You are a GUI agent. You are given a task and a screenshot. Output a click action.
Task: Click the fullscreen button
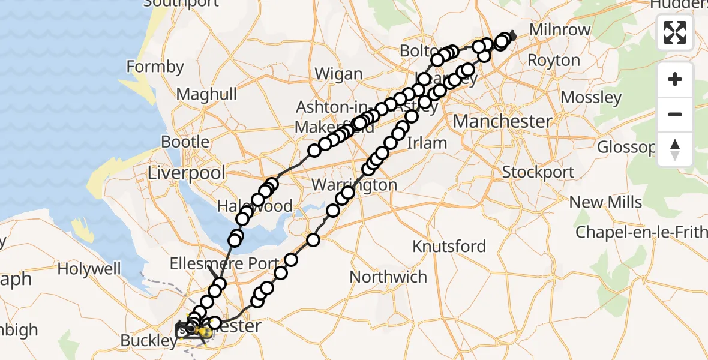click(x=675, y=32)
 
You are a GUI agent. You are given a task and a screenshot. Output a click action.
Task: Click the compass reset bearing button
click(x=675, y=149)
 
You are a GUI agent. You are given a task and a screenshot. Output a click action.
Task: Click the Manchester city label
click(x=502, y=121)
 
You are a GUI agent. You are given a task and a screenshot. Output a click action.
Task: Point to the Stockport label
click(x=538, y=172)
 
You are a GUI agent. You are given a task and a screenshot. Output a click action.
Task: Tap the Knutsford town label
click(x=449, y=246)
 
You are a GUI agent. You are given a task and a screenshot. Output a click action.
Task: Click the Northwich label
click(x=388, y=277)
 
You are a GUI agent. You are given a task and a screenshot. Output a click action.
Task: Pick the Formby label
click(x=155, y=67)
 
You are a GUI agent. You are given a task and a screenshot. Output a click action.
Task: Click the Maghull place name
click(x=207, y=94)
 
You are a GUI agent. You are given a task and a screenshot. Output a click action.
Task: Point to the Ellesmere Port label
click(x=223, y=263)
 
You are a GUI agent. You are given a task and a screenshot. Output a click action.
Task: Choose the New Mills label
click(x=605, y=202)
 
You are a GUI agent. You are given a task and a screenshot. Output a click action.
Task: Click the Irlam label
click(x=427, y=143)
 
